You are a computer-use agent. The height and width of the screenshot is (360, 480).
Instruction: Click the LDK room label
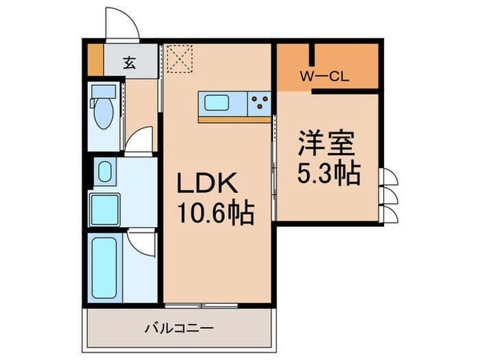click(x=208, y=184)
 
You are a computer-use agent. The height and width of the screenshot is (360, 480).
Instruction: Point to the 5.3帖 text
click(x=328, y=174)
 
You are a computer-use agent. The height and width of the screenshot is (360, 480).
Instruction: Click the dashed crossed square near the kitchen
click(x=180, y=58)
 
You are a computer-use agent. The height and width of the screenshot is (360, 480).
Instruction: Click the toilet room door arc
click(x=141, y=140)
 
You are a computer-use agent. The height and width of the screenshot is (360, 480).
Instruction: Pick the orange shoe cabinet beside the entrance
click(x=95, y=53)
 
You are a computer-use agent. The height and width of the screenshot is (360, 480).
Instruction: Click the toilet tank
click(x=104, y=90)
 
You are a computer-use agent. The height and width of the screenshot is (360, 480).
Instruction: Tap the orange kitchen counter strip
click(x=234, y=119)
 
